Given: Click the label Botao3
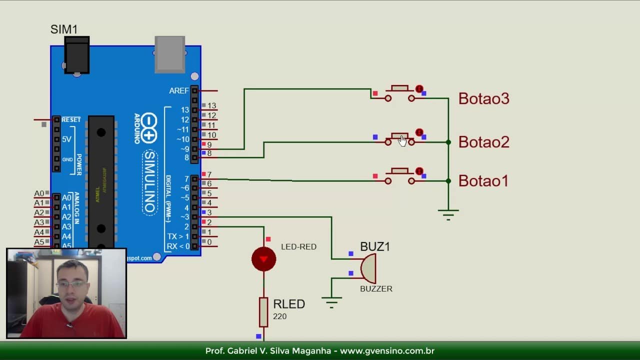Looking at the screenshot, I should tap(483, 98).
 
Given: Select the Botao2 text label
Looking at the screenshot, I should tap(483, 142).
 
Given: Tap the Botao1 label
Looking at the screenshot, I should tap(483, 180).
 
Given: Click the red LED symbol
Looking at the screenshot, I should tap(263, 259).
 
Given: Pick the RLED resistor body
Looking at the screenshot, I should tap(263, 312).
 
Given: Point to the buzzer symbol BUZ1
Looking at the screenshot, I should tap(368, 268).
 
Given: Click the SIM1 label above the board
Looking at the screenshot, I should tap(64, 29).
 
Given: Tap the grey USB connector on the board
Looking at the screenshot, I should tap(170, 54).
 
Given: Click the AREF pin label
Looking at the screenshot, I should tap(179, 91).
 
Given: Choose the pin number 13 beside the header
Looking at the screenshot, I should tap(212, 106).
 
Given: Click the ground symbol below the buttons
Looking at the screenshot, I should tap(448, 215).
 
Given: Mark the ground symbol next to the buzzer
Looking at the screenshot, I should tap(331, 302).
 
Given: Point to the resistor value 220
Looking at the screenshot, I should tap(280, 316).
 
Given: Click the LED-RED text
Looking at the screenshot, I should tap(298, 246).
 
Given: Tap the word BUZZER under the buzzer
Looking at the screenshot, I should tap(376, 289).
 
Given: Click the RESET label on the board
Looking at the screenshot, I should tap(71, 120).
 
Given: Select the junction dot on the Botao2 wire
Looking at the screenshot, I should tap(448, 142).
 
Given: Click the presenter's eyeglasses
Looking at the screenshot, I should tap(71, 284).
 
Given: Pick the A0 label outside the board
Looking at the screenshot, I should tap(39, 193).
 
